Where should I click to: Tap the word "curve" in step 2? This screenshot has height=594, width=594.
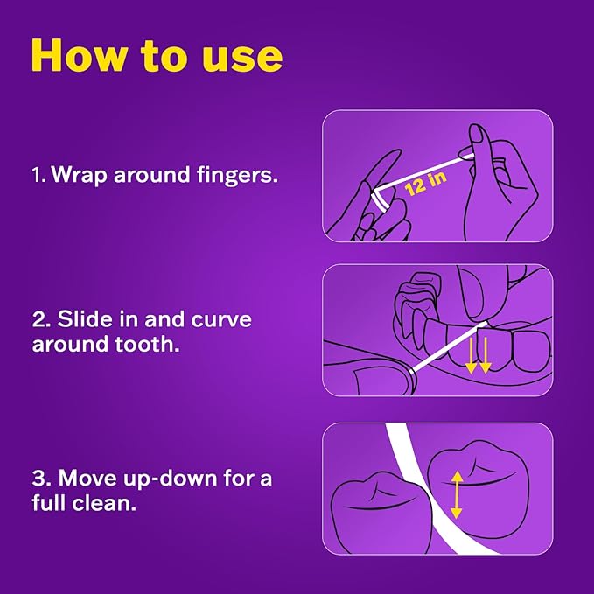pyautogui.click(x=221, y=320)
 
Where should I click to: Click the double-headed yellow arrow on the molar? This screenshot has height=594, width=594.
pyautogui.click(x=456, y=494)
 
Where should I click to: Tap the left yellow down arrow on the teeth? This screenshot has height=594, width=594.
pyautogui.click(x=471, y=356)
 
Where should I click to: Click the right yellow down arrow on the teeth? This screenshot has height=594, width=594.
pyautogui.click(x=486, y=356)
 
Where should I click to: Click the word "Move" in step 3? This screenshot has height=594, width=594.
pyautogui.click(x=87, y=478)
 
